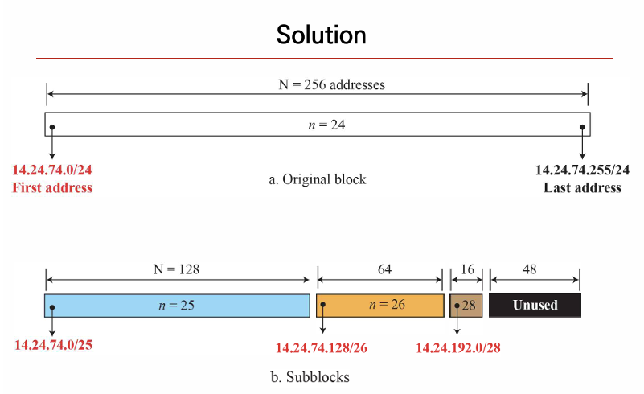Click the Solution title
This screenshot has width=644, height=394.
(321, 35)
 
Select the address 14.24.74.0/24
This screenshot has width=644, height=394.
(52, 170)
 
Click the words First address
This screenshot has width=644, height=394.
(52, 187)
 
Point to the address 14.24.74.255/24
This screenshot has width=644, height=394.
(582, 170)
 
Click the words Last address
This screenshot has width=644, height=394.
(582, 187)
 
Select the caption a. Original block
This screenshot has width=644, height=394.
(317, 179)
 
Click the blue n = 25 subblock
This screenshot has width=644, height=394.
(177, 306)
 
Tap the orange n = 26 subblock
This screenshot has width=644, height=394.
(379, 306)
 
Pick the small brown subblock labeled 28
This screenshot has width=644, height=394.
(466, 306)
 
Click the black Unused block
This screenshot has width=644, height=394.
(535, 306)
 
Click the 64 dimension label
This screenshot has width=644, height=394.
(379, 270)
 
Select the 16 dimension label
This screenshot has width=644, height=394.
(466, 270)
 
